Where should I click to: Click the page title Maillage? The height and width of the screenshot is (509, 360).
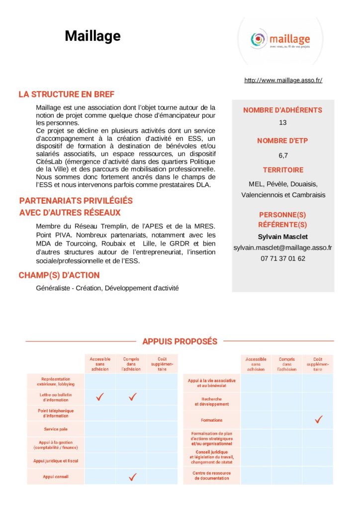tap(92, 36)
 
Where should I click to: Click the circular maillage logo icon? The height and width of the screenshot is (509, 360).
tap(258, 39)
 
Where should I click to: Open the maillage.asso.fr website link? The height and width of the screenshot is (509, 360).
tap(283, 80)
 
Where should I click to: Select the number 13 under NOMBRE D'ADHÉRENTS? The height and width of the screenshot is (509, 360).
tap(283, 122)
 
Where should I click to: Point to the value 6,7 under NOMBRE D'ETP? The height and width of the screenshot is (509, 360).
tap(283, 155)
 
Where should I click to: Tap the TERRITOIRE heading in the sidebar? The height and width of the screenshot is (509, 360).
tap(283, 170)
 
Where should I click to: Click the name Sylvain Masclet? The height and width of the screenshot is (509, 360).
tap(283, 237)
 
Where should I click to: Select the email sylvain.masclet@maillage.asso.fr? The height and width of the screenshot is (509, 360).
tap(283, 248)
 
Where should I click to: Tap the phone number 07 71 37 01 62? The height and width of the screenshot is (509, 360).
tap(283, 258)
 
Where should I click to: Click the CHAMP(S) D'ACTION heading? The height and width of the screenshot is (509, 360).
tap(59, 275)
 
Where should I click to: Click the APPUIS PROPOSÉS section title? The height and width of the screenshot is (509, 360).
tap(180, 341)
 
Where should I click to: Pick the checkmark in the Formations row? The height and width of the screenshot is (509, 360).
tap(318, 420)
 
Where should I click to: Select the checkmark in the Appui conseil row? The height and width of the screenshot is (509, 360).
tap(132, 477)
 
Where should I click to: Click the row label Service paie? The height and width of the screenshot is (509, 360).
tap(56, 428)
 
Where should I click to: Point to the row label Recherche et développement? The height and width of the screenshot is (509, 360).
tap(212, 402)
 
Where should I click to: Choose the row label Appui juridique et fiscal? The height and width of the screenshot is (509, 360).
tap(56, 461)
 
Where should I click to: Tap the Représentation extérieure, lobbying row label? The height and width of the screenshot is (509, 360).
tap(56, 382)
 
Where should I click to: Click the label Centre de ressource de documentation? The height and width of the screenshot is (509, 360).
tap(212, 476)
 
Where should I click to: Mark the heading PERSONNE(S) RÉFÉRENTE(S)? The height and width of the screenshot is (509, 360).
tap(283, 219)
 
